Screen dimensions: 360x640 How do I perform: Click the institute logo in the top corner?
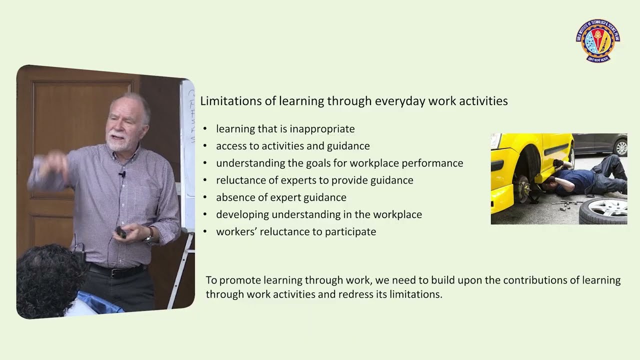(x=597, y=40)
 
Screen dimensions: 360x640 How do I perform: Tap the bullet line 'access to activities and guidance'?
(x=292, y=146)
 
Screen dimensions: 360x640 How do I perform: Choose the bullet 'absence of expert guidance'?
(x=281, y=197)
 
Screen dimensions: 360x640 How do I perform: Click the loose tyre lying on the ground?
(x=604, y=210)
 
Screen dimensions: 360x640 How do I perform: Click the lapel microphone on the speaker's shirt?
(x=121, y=174)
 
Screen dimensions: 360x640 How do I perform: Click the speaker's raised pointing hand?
(x=50, y=165)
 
